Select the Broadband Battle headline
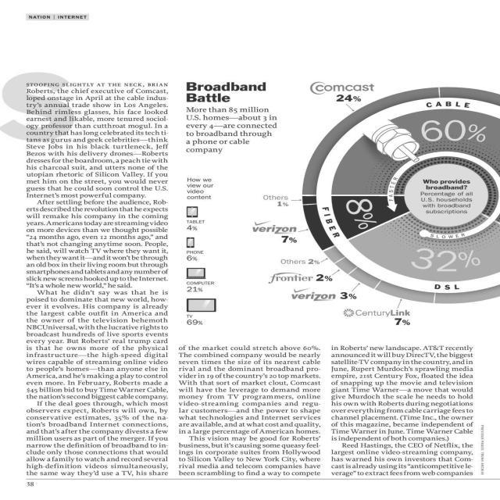coord(215,92)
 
